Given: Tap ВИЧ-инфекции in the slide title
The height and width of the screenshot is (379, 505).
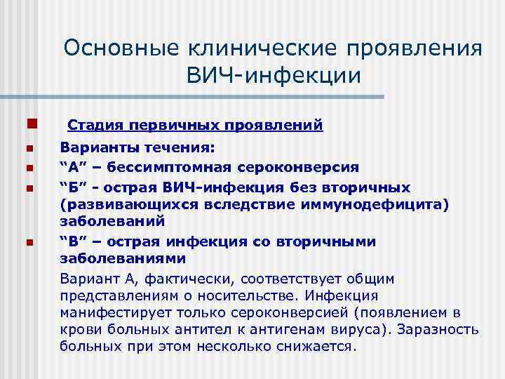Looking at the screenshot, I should click(x=274, y=75).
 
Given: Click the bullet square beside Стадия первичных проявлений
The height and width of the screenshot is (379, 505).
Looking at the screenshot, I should click(x=29, y=125).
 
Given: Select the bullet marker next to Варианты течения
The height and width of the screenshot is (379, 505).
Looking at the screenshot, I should click(x=29, y=148).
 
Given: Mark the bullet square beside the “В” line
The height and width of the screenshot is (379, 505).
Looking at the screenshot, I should click(x=29, y=242).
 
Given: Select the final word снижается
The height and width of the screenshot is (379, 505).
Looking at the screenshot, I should click(x=320, y=346).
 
